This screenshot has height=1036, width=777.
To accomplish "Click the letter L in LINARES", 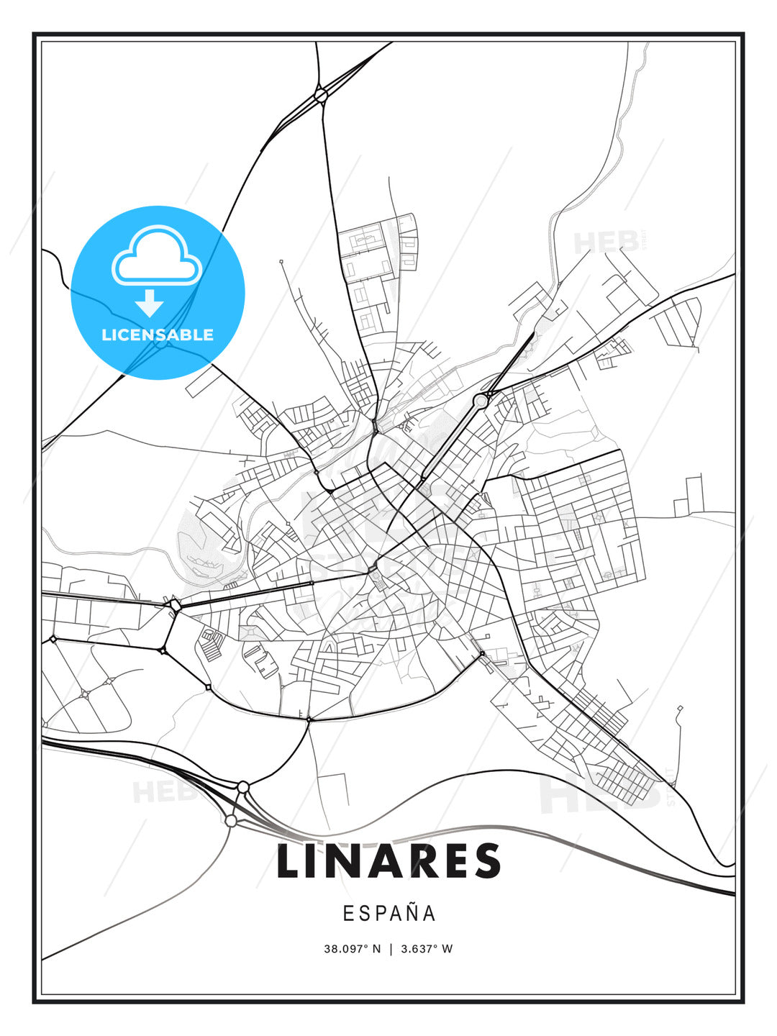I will click(289, 861).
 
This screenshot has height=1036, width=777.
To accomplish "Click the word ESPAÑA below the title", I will click(389, 913).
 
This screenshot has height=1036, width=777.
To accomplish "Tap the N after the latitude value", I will click(377, 948).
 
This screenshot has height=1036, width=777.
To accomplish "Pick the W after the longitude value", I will click(447, 948).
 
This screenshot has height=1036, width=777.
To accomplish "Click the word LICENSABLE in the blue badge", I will click(158, 335).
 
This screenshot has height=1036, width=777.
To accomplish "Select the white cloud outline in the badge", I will click(157, 256).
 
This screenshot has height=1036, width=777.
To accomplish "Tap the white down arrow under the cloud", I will click(150, 303).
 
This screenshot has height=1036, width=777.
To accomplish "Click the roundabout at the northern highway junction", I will click(321, 94).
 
